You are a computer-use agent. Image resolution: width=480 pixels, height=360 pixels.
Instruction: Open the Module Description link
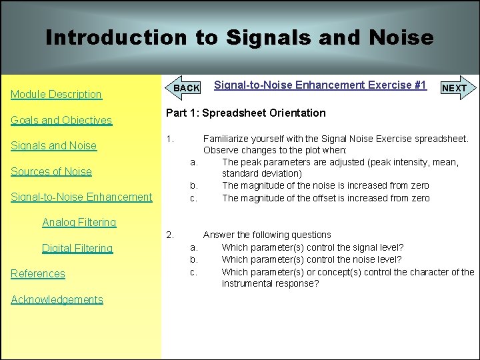(56, 95)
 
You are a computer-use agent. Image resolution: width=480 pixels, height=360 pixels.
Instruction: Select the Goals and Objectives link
(61, 120)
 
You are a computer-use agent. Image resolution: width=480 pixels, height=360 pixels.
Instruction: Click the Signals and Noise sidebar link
(53, 146)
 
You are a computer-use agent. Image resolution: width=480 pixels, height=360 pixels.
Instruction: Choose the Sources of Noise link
(51, 171)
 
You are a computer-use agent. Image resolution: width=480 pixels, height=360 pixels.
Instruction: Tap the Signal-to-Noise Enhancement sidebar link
(81, 197)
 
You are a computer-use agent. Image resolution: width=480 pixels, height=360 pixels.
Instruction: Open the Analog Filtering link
(79, 222)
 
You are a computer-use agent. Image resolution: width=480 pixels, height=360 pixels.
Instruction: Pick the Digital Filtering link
(77, 248)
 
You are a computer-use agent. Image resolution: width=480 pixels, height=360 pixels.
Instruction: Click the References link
(38, 273)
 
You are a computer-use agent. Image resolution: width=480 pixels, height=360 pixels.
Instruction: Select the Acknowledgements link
(57, 299)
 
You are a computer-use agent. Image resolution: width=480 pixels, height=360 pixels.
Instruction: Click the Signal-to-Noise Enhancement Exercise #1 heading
(320, 85)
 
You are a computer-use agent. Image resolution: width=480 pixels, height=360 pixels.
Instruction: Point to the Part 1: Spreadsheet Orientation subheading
(245, 113)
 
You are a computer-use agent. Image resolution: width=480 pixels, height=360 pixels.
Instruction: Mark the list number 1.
(170, 139)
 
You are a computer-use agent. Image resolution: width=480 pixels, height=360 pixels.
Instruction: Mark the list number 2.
(170, 235)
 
